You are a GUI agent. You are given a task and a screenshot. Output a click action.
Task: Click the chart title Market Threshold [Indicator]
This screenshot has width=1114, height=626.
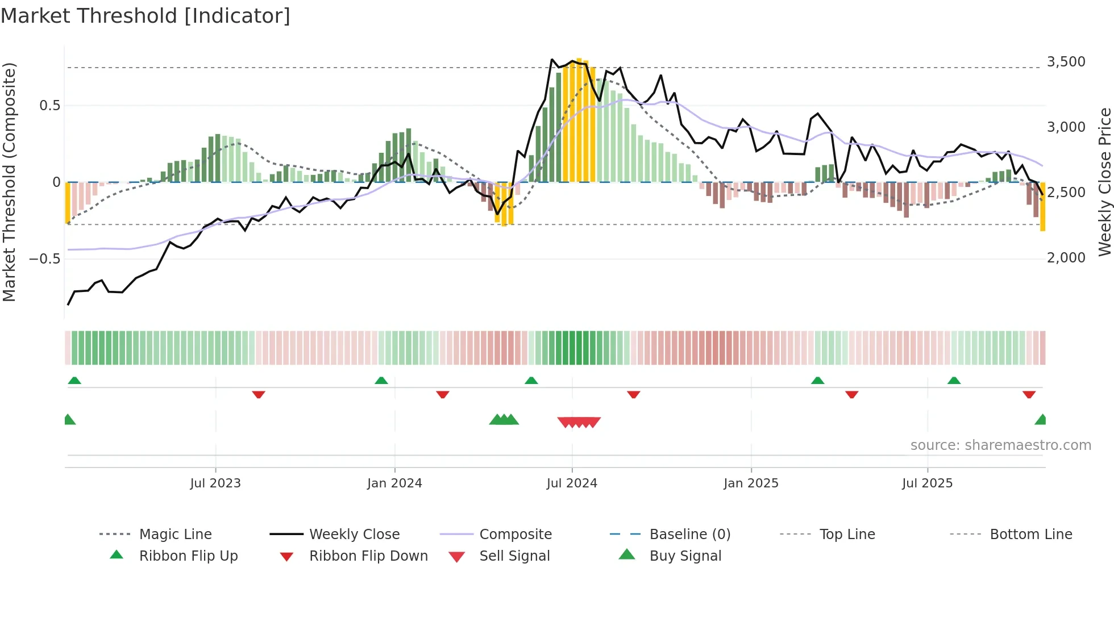coord(146,16)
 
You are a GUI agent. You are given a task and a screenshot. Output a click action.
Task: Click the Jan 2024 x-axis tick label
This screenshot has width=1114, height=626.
coord(394,483)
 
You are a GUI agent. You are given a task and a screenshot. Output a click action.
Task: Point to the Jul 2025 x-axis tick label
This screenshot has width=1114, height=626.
coord(927,483)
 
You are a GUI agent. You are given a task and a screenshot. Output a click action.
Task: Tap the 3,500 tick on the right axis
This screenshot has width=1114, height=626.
coord(1066,62)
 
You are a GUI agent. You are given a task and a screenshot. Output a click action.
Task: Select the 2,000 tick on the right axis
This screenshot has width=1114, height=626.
coord(1066,258)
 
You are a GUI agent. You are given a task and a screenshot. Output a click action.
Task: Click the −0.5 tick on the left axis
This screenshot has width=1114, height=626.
coord(44,259)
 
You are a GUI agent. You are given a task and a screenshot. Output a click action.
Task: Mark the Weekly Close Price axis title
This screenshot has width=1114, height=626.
coord(1104,182)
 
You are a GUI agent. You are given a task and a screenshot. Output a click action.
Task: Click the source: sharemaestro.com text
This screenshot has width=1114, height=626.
coord(1000,445)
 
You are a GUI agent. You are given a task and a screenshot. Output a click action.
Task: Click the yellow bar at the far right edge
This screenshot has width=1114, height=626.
coord(1042,207)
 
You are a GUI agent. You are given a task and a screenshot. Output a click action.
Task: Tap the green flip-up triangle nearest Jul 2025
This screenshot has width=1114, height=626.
coord(954,381)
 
